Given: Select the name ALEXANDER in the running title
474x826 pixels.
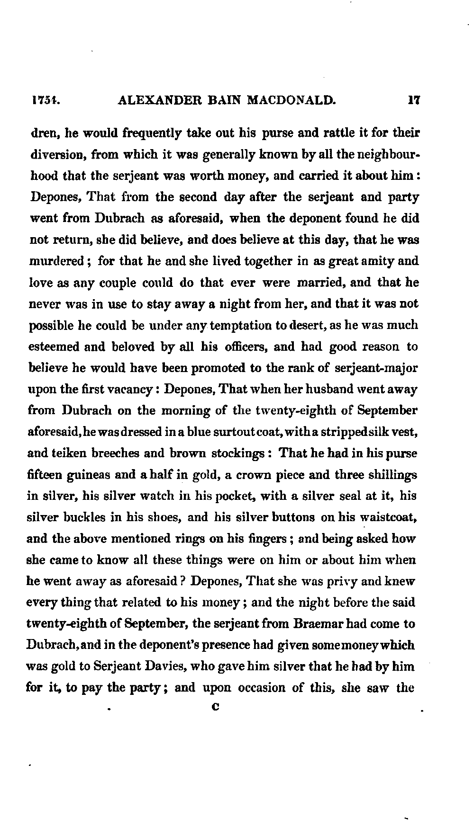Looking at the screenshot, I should (x=157, y=100).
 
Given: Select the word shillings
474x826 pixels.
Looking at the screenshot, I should (x=391, y=475).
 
